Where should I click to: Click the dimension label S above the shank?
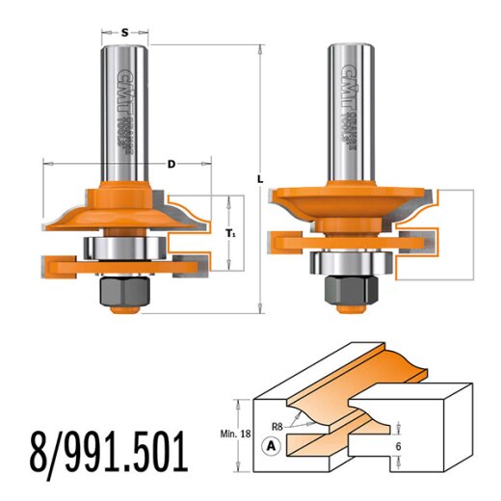tap(125, 32)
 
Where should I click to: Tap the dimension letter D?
tap(171, 165)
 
